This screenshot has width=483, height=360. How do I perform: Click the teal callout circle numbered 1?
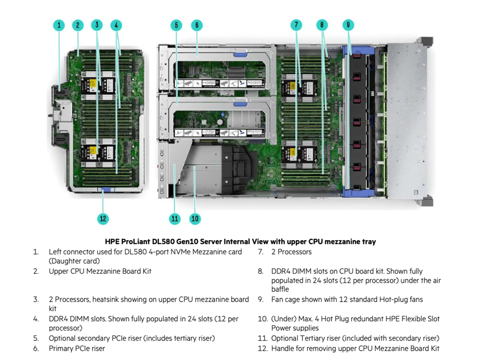pyautogui.click(x=59, y=25)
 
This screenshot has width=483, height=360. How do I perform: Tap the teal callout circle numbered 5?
pyautogui.click(x=176, y=25)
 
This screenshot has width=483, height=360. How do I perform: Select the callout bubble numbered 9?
pyautogui.click(x=348, y=25)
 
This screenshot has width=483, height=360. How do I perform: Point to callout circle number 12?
pyautogui.click(x=103, y=219)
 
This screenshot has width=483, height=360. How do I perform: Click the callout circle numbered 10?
pyautogui.click(x=195, y=219)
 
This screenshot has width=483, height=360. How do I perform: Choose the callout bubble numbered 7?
pyautogui.click(x=296, y=25)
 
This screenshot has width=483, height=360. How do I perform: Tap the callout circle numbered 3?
pyautogui.click(x=97, y=25)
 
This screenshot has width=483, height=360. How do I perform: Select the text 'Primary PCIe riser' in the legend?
pyautogui.click(x=77, y=348)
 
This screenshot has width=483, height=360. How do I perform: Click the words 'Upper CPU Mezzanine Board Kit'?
pyautogui.click(x=100, y=271)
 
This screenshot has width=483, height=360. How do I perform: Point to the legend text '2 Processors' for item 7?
pyautogui.click(x=291, y=252)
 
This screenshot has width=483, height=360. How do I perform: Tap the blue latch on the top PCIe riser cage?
pyautogui.click(x=240, y=54)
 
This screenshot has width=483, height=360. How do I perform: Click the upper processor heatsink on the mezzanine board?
pyautogui.click(x=98, y=86)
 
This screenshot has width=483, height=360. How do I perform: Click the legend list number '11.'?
pyautogui.click(x=263, y=338)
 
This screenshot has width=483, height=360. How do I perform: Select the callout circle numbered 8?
pyautogui.click(x=322, y=25)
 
